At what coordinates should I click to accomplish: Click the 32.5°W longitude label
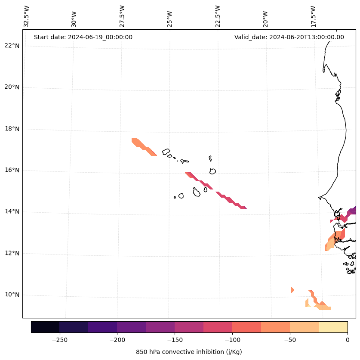pos(27,16)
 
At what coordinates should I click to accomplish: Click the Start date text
pos(83,37)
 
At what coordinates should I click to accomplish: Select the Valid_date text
pos(289,37)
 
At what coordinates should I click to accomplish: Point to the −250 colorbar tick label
pos(59,340)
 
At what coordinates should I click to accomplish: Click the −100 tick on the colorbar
pos(232,340)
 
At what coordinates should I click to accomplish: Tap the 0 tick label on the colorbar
pos(348,340)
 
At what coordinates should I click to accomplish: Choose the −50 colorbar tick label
pos(290,340)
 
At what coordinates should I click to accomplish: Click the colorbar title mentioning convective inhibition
pos(189,352)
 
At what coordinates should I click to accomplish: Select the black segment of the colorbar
pos(45,327)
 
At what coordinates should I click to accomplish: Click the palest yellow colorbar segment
pos(333,327)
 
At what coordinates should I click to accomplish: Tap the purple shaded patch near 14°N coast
pos(352,211)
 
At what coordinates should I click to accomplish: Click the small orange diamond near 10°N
pos(292,290)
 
